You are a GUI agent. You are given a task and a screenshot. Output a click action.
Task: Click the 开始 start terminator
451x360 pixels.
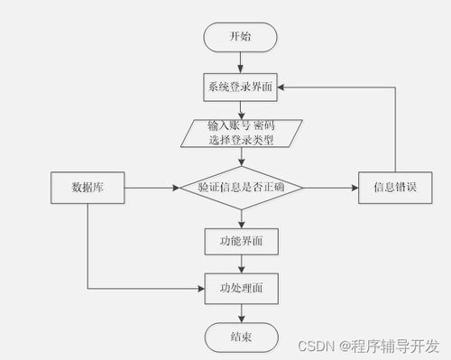pyautogui.click(x=241, y=37)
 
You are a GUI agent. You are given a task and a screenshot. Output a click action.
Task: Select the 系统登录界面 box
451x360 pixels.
pyautogui.click(x=241, y=88)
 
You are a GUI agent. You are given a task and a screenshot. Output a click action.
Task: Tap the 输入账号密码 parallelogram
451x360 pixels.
pyautogui.click(x=241, y=132)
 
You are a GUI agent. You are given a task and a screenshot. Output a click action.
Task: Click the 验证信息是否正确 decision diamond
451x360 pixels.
pyautogui.click(x=241, y=188)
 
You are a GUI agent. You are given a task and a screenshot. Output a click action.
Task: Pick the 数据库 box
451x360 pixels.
pyautogui.click(x=87, y=188)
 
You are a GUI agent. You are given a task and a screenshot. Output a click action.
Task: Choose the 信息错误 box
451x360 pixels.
pyautogui.click(x=395, y=188)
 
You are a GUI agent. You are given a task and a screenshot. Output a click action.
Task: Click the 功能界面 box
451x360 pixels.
pyautogui.click(x=241, y=241)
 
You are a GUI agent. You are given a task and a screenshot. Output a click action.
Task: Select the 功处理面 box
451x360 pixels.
pyautogui.click(x=241, y=289)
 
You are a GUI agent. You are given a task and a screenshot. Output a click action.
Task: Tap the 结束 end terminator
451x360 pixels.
pyautogui.click(x=241, y=337)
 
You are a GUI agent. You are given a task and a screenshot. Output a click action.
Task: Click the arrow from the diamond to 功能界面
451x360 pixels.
pyautogui.click(x=241, y=218)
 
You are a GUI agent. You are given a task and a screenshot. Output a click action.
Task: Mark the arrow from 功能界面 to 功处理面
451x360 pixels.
pyautogui.click(x=241, y=264)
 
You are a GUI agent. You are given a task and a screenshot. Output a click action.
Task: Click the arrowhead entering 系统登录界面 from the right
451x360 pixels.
pyautogui.click(x=282, y=88)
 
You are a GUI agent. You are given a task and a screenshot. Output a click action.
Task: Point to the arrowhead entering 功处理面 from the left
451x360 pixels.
pyautogui.click(x=200, y=289)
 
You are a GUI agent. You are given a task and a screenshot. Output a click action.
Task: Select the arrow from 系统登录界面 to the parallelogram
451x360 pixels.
pyautogui.click(x=241, y=109)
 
